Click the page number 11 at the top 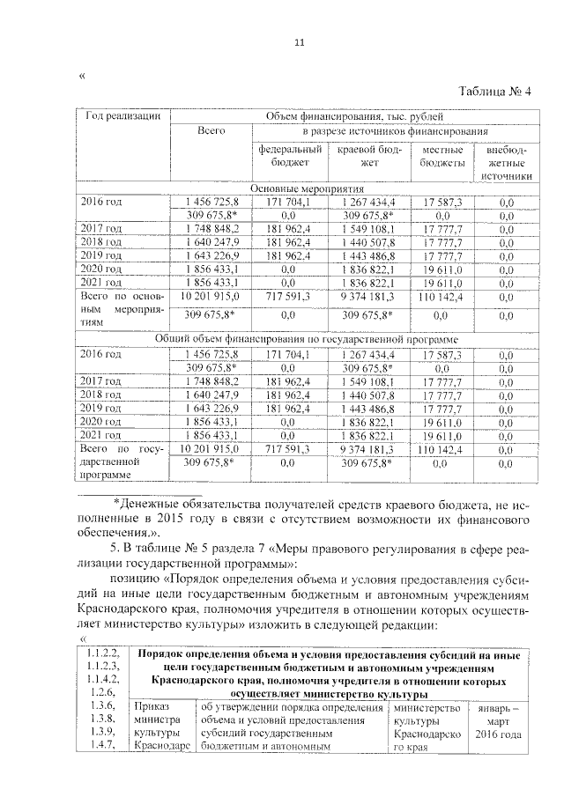(x=298, y=42)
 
